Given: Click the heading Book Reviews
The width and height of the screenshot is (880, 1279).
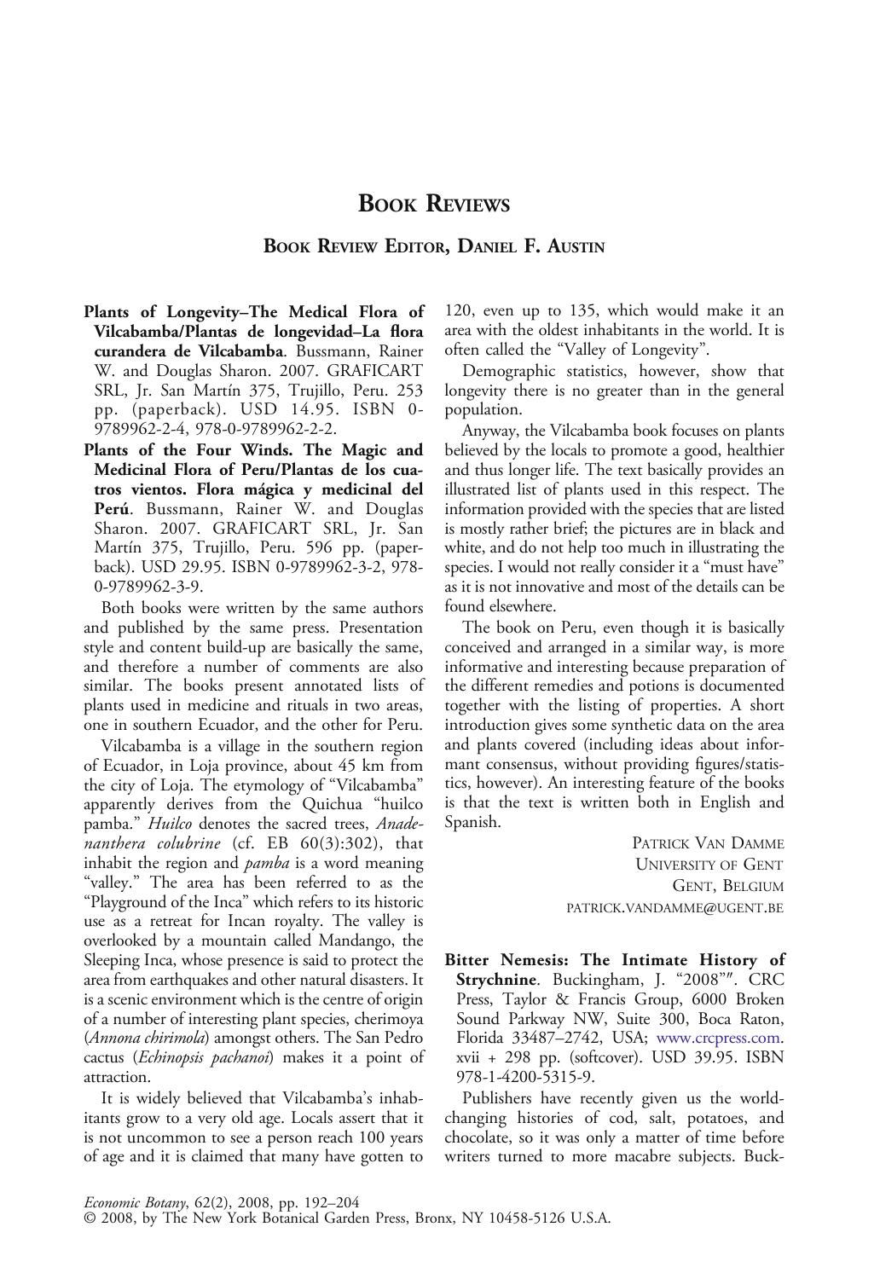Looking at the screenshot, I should [x=434, y=204].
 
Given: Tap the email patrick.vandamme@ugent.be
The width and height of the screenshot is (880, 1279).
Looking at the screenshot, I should [x=674, y=908].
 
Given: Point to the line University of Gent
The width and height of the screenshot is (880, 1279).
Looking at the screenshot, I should [x=709, y=865].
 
